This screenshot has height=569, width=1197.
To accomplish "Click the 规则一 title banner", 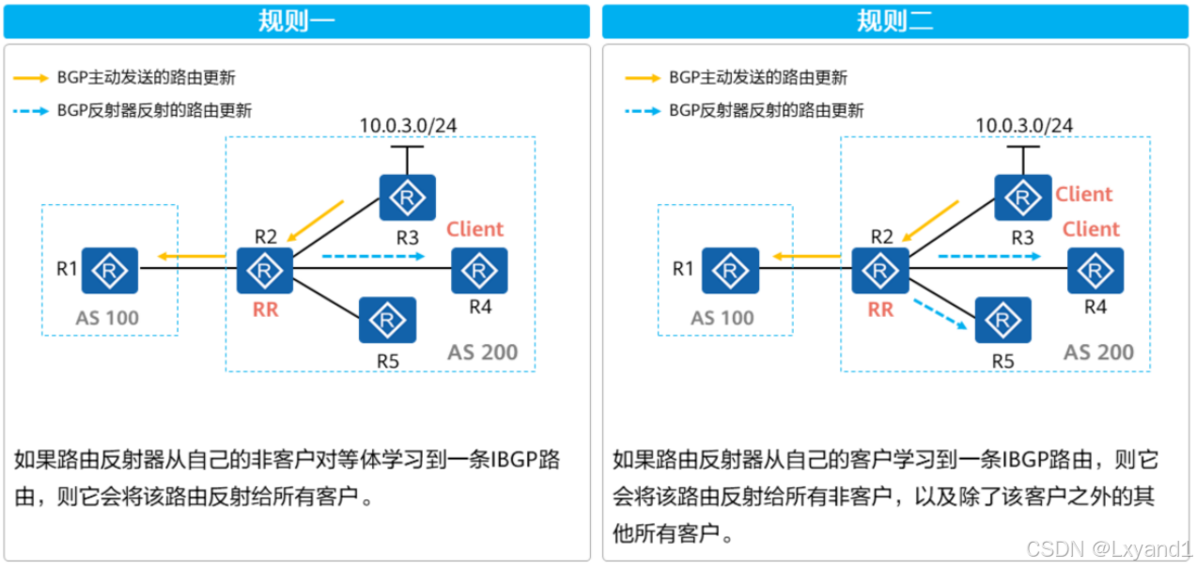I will tap(297, 21).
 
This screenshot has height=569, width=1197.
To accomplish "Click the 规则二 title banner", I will tap(895, 21).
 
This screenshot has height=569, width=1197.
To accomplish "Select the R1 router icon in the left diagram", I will tap(110, 272).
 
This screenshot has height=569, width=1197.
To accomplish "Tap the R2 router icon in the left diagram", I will tap(265, 272).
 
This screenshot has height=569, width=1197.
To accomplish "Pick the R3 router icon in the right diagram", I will tap(1023, 198).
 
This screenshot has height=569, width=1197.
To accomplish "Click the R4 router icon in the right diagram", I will tap(1096, 272).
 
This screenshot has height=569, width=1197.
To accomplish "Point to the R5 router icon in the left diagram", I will tap(387, 321).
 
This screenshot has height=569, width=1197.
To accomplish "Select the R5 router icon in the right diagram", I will tap(1003, 321).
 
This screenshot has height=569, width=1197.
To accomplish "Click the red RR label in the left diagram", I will tap(266, 309).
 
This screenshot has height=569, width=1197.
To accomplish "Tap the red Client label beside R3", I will tap(1083, 194).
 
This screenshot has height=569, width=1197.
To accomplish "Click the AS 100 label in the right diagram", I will tap(723, 318).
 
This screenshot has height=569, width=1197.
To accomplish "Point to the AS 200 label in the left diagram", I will tap(482, 353).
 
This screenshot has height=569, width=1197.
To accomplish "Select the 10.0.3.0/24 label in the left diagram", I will tap(409, 125).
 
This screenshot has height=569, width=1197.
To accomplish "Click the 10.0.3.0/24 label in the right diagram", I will tap(1024, 125).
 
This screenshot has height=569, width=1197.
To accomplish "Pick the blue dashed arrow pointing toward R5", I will tap(942, 313).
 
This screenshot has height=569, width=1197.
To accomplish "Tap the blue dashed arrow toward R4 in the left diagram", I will tap(372, 256).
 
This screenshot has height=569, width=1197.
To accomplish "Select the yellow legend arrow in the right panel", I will tap(643, 78).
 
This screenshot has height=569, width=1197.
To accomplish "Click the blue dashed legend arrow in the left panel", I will tap(32, 111).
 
